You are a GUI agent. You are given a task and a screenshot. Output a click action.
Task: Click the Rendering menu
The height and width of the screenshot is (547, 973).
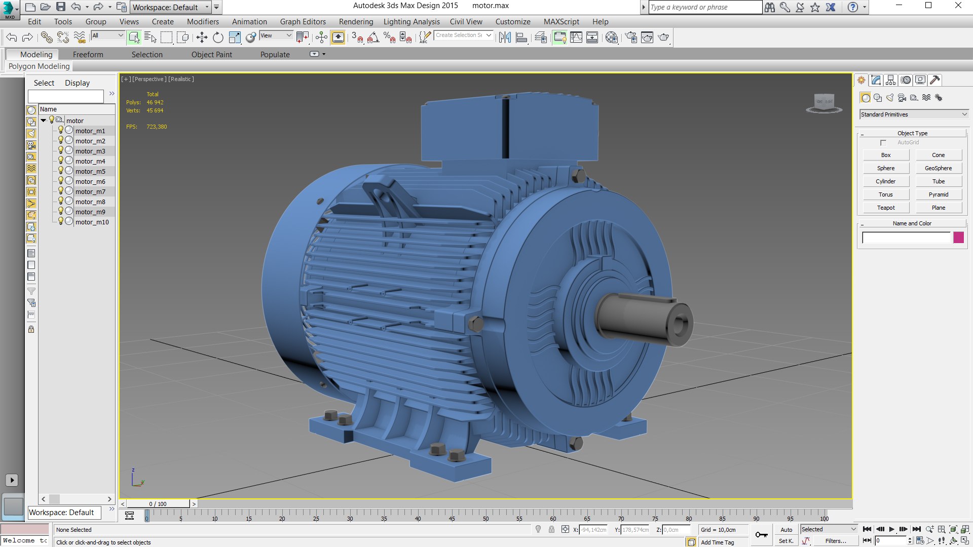click(356, 22)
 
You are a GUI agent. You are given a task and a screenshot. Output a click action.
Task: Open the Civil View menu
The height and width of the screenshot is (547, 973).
click(466, 22)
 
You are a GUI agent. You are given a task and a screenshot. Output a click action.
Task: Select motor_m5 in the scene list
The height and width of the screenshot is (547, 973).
click(90, 171)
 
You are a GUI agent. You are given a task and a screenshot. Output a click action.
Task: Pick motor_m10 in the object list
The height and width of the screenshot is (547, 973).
click(92, 222)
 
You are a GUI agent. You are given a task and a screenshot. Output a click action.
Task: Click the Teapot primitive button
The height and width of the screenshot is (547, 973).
click(885, 208)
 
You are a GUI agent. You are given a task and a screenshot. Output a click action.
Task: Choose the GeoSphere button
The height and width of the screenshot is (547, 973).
click(938, 168)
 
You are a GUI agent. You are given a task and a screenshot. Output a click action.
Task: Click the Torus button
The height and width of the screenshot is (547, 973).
click(885, 194)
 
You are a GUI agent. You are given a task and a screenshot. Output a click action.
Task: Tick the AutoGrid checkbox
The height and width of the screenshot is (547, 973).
click(883, 143)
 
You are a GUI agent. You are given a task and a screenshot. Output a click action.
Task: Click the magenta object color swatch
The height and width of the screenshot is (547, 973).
click(958, 238)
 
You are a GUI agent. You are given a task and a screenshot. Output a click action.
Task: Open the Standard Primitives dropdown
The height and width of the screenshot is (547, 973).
click(914, 114)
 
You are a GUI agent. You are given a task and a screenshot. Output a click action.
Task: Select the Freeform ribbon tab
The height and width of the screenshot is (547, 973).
click(88, 55)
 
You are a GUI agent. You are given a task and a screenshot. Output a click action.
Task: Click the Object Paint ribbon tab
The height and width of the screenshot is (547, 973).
click(211, 55)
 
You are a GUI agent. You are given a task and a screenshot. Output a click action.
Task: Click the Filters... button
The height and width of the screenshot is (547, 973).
click(835, 541)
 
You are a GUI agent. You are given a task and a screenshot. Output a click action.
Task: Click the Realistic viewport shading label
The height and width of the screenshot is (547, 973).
click(180, 79)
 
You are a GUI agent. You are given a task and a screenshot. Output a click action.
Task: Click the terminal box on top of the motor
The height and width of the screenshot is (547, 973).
click(507, 129)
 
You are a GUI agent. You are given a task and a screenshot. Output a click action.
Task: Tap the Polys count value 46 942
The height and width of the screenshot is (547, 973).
click(155, 102)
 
